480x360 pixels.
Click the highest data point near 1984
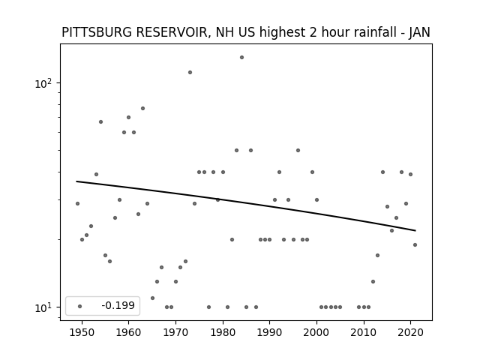[241, 57]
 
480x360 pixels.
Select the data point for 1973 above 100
[190, 72]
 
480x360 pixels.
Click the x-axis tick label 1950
[82, 333]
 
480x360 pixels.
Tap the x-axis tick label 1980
[223, 333]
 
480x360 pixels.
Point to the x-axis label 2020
[410, 333]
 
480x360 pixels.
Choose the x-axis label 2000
[316, 333]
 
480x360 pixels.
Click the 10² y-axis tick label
[43, 83]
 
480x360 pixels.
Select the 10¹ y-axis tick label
[43, 307]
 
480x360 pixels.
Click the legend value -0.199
[118, 305]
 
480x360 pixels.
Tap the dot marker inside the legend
[80, 306]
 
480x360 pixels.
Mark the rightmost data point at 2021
[415, 244]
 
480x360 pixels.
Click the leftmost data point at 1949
[77, 203]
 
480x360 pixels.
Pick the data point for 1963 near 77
[142, 108]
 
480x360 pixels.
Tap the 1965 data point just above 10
[152, 298]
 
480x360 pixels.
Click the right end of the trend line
[415, 230]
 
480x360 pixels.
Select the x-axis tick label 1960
[128, 333]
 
